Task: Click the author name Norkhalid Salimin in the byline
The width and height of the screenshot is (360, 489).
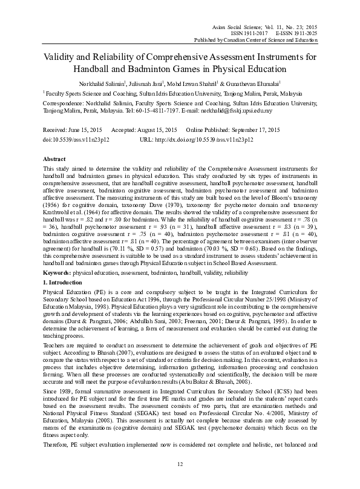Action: [111, 83]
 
